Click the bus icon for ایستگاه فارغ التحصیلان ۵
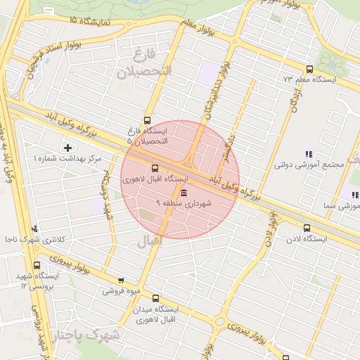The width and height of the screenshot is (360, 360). click(147, 120)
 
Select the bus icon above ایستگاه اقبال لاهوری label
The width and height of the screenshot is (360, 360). click(155, 168)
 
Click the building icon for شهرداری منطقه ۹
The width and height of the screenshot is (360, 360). click(184, 193)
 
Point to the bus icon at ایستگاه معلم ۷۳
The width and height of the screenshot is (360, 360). click(309, 68)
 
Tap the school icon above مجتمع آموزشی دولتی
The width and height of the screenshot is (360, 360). click(307, 154)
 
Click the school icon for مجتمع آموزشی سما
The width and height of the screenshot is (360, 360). click(354, 195)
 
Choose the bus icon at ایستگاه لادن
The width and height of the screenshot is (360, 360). click(306, 228)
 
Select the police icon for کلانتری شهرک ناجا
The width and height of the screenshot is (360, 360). click(34, 229)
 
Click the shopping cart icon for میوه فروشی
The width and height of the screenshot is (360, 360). click(121, 280)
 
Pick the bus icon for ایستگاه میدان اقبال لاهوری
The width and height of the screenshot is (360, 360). click(155, 297)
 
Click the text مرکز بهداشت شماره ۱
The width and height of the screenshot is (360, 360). click(67, 159)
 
